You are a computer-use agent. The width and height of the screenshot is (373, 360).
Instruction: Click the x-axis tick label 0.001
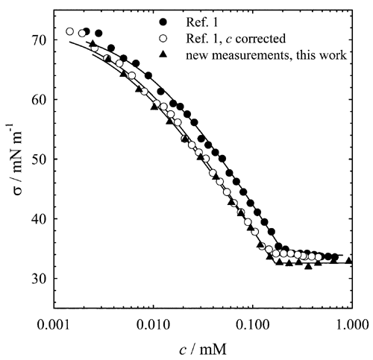click(x=54, y=325)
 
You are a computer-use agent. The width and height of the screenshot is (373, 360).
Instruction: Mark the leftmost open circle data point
click(x=70, y=31)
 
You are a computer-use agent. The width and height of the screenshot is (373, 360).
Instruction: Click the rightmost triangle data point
click(x=348, y=261)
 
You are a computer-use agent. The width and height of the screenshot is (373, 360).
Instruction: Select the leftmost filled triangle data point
click(x=93, y=44)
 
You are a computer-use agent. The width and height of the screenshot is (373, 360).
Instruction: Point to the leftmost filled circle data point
click(x=87, y=32)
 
